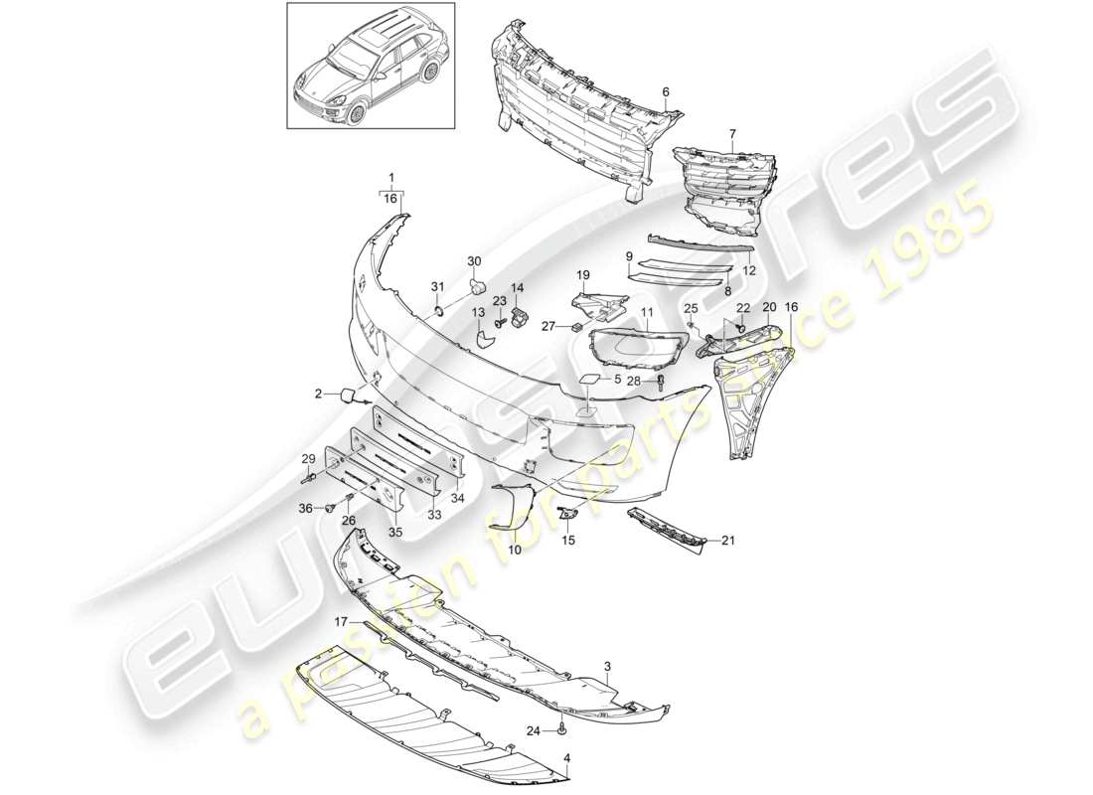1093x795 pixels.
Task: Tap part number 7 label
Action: [732, 133]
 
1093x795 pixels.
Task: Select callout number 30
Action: [474, 261]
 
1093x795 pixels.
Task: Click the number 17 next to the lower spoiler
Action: [340, 623]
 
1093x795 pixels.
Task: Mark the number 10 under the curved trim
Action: [516, 549]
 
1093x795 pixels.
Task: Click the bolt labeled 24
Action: [563, 730]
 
